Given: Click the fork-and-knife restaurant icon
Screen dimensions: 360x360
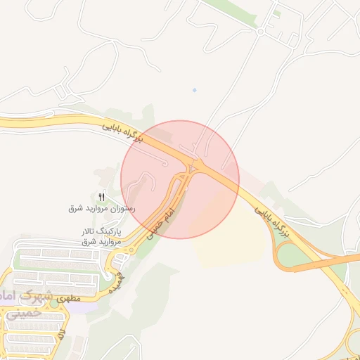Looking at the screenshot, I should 101,197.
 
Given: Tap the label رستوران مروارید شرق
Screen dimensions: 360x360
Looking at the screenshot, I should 101,209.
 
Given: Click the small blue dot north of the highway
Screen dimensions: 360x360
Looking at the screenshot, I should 194,90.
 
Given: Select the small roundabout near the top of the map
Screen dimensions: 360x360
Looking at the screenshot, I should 260,32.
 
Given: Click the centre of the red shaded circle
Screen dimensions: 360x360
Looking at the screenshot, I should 180,179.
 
